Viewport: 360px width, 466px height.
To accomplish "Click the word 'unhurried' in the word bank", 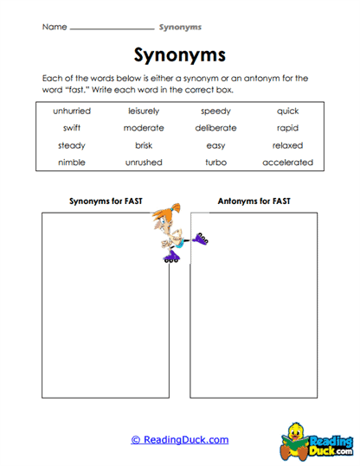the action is coord(72,112).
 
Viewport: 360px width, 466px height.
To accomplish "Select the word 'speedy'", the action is coord(215,112).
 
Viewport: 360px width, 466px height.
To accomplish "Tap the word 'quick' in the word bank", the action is coord(287,112).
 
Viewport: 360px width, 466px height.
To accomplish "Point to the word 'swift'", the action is coord(72,128).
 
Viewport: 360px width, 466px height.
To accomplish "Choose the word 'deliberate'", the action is coord(215,128).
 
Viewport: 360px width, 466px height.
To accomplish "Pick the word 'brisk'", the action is coord(144,145).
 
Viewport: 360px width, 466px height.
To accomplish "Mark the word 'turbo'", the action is coord(215,163).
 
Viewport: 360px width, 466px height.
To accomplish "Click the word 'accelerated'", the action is coord(287,163).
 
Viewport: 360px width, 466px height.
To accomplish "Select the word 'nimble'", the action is coord(72,163).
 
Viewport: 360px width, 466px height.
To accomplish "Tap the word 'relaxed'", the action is coord(287,145).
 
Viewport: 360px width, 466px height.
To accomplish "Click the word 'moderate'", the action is coord(144,128).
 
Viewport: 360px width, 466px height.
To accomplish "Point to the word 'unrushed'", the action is coord(144,163).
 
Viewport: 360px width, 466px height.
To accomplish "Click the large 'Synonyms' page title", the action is coord(180,55).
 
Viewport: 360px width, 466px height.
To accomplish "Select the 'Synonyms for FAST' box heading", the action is coord(106,201).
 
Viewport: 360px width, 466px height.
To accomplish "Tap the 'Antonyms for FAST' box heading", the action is coord(254,201).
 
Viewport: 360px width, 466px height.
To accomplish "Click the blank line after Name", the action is coord(111,28).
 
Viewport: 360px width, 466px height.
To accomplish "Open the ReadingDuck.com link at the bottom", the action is coord(180,439).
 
